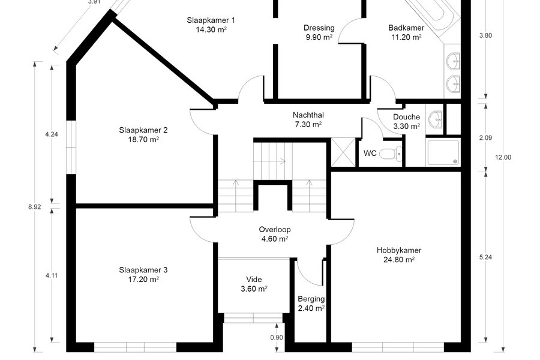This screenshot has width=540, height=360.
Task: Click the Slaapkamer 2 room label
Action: [143, 130]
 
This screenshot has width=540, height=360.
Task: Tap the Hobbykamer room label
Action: [399, 250]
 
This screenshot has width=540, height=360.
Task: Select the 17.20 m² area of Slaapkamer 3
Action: [143, 280]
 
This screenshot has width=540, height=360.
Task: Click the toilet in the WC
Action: [391, 153]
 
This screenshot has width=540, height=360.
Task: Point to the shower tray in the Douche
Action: [443, 152]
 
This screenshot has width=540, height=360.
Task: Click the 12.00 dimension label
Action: [503, 157]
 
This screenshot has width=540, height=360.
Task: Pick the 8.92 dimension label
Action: [34, 207]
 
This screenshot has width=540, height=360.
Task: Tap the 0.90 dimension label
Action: [277, 338]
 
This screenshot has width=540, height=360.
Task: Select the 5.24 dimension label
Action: [485, 257]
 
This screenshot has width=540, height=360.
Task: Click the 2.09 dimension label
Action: [485, 138]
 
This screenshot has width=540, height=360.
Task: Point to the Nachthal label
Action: [308, 115]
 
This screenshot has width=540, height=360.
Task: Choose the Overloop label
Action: [275, 229]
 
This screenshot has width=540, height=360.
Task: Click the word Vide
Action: [254, 280]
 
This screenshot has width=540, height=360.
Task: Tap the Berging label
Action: [311, 299]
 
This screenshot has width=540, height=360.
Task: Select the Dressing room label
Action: [319, 28]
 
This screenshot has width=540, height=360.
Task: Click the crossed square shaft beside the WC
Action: [343, 152]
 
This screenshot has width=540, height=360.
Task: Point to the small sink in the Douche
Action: [436, 119]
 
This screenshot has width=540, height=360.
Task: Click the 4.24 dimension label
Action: [52, 134]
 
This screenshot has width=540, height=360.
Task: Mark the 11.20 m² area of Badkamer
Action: [406, 37]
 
